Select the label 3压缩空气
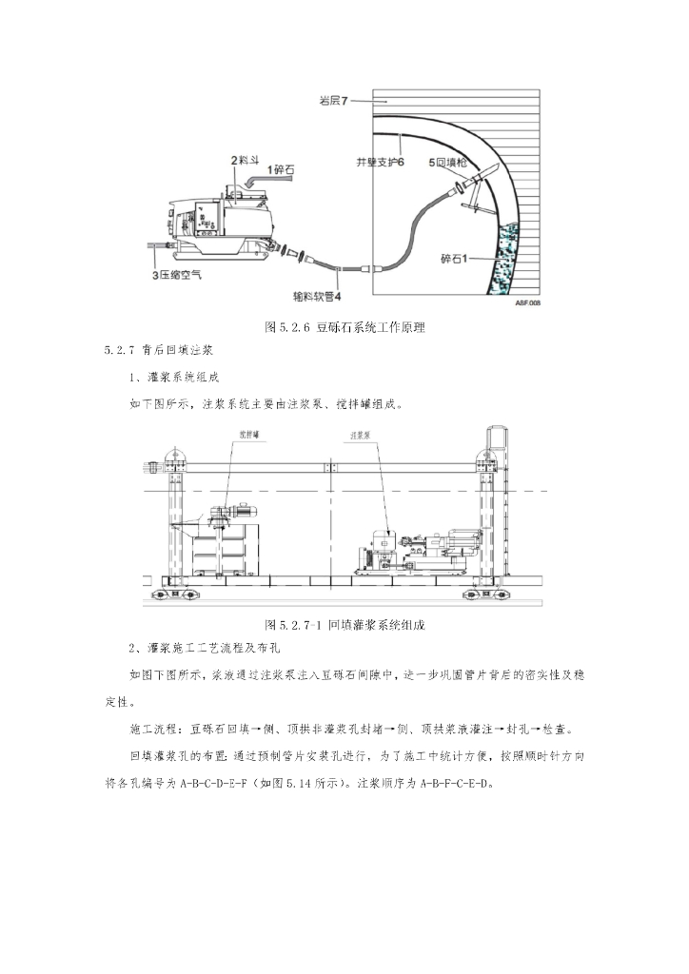(x=179, y=274)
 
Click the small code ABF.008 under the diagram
(x=527, y=302)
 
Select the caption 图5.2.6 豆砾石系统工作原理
(x=344, y=327)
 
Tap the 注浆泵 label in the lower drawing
(x=360, y=435)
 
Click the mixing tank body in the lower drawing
(x=225, y=552)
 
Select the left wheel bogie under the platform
(x=177, y=594)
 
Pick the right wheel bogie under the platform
(x=482, y=594)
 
